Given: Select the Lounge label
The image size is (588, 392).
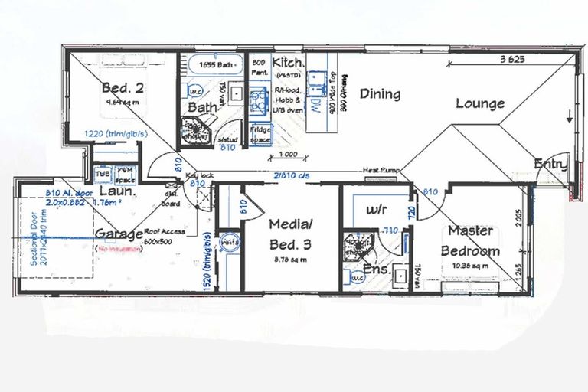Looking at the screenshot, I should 480,103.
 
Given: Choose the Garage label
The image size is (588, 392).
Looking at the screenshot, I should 119,234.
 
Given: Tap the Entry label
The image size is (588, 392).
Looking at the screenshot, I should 551,164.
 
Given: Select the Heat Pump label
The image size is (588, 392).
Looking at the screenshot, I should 379,170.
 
